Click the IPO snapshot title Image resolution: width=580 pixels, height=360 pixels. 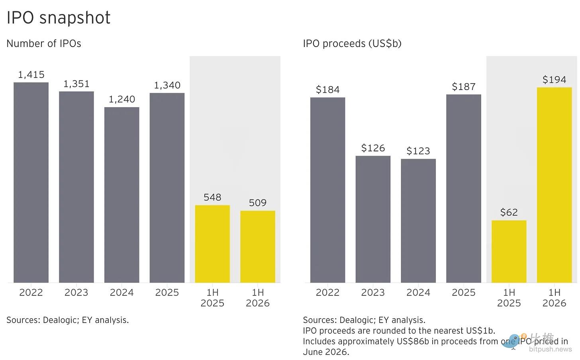pyautogui.click(x=59, y=18)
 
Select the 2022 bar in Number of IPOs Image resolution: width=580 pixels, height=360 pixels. pyautogui.click(x=31, y=182)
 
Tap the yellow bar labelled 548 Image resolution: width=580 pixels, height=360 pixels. pyautogui.click(x=212, y=244)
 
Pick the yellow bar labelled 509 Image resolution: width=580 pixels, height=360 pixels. pyautogui.click(x=258, y=247)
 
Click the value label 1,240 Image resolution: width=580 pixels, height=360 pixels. pyautogui.click(x=122, y=99)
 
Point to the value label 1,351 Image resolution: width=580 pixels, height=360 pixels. pyautogui.click(x=76, y=84)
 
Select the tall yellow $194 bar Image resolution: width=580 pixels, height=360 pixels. pyautogui.click(x=555, y=185)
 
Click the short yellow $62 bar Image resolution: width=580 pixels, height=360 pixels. pyautogui.click(x=509, y=252)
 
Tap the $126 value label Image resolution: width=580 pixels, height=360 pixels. pyautogui.click(x=373, y=148)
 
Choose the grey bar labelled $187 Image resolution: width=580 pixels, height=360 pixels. pyautogui.click(x=464, y=188)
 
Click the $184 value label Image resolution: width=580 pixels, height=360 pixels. pyautogui.click(x=327, y=90)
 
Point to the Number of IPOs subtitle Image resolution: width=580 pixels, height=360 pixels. pyautogui.click(x=44, y=43)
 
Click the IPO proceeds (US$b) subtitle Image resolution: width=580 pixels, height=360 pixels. pyautogui.click(x=352, y=43)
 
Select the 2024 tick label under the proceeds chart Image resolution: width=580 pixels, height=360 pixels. pyautogui.click(x=418, y=292)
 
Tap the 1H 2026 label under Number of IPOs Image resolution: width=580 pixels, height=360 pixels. pyautogui.click(x=258, y=297)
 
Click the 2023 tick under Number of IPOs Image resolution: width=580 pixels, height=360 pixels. pyautogui.click(x=76, y=292)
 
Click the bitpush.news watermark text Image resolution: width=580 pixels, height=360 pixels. pyautogui.click(x=550, y=349)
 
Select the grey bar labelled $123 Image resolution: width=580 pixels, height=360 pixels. pyautogui.click(x=418, y=221)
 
